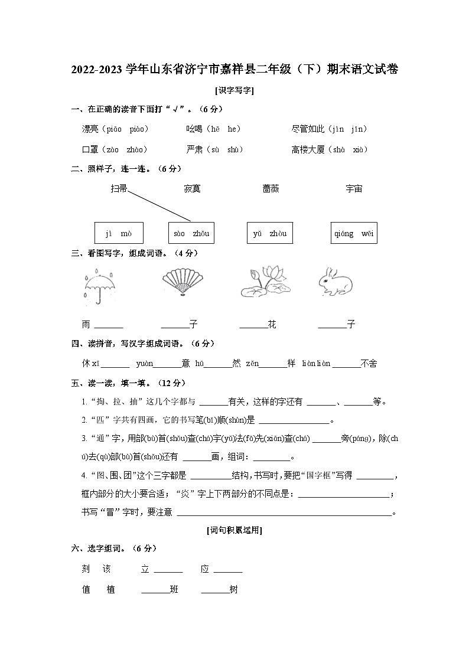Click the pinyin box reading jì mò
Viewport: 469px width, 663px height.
coord(119,233)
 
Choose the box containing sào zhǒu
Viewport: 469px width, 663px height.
coord(191,233)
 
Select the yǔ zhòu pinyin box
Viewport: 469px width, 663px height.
coord(269,233)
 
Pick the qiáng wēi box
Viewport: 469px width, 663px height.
coord(354,233)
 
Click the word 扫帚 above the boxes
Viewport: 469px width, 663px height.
coord(119,189)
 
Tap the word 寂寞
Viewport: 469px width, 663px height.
coord(192,189)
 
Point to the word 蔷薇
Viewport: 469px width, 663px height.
coord(271,189)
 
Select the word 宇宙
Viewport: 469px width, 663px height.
coord(354,189)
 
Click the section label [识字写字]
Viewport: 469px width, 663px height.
coord(234,91)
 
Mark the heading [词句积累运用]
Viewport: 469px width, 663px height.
coord(234,530)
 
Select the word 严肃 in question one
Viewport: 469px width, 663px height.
coord(194,150)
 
